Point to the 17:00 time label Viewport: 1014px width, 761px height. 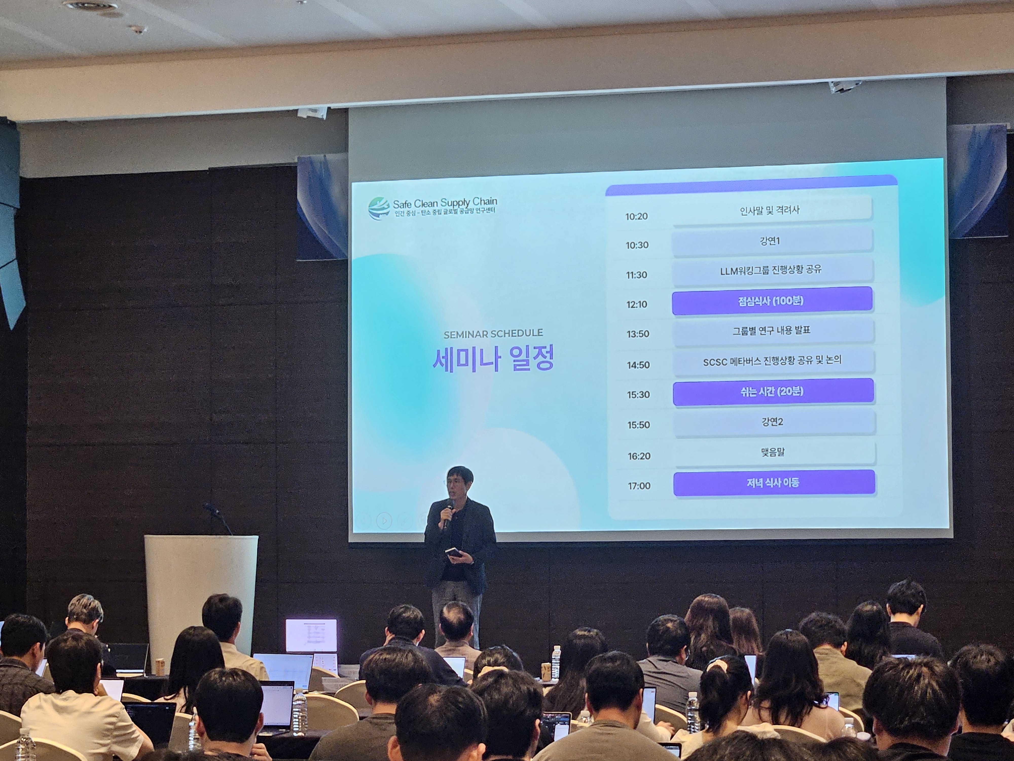[x=639, y=486]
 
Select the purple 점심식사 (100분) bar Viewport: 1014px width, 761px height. [x=772, y=301]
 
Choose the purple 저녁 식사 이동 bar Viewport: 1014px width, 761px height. [x=774, y=482]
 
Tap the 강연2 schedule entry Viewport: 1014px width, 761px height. [x=773, y=422]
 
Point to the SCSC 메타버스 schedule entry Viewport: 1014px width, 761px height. [x=773, y=360]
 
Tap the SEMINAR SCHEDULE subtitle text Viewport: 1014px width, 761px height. [x=493, y=334]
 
